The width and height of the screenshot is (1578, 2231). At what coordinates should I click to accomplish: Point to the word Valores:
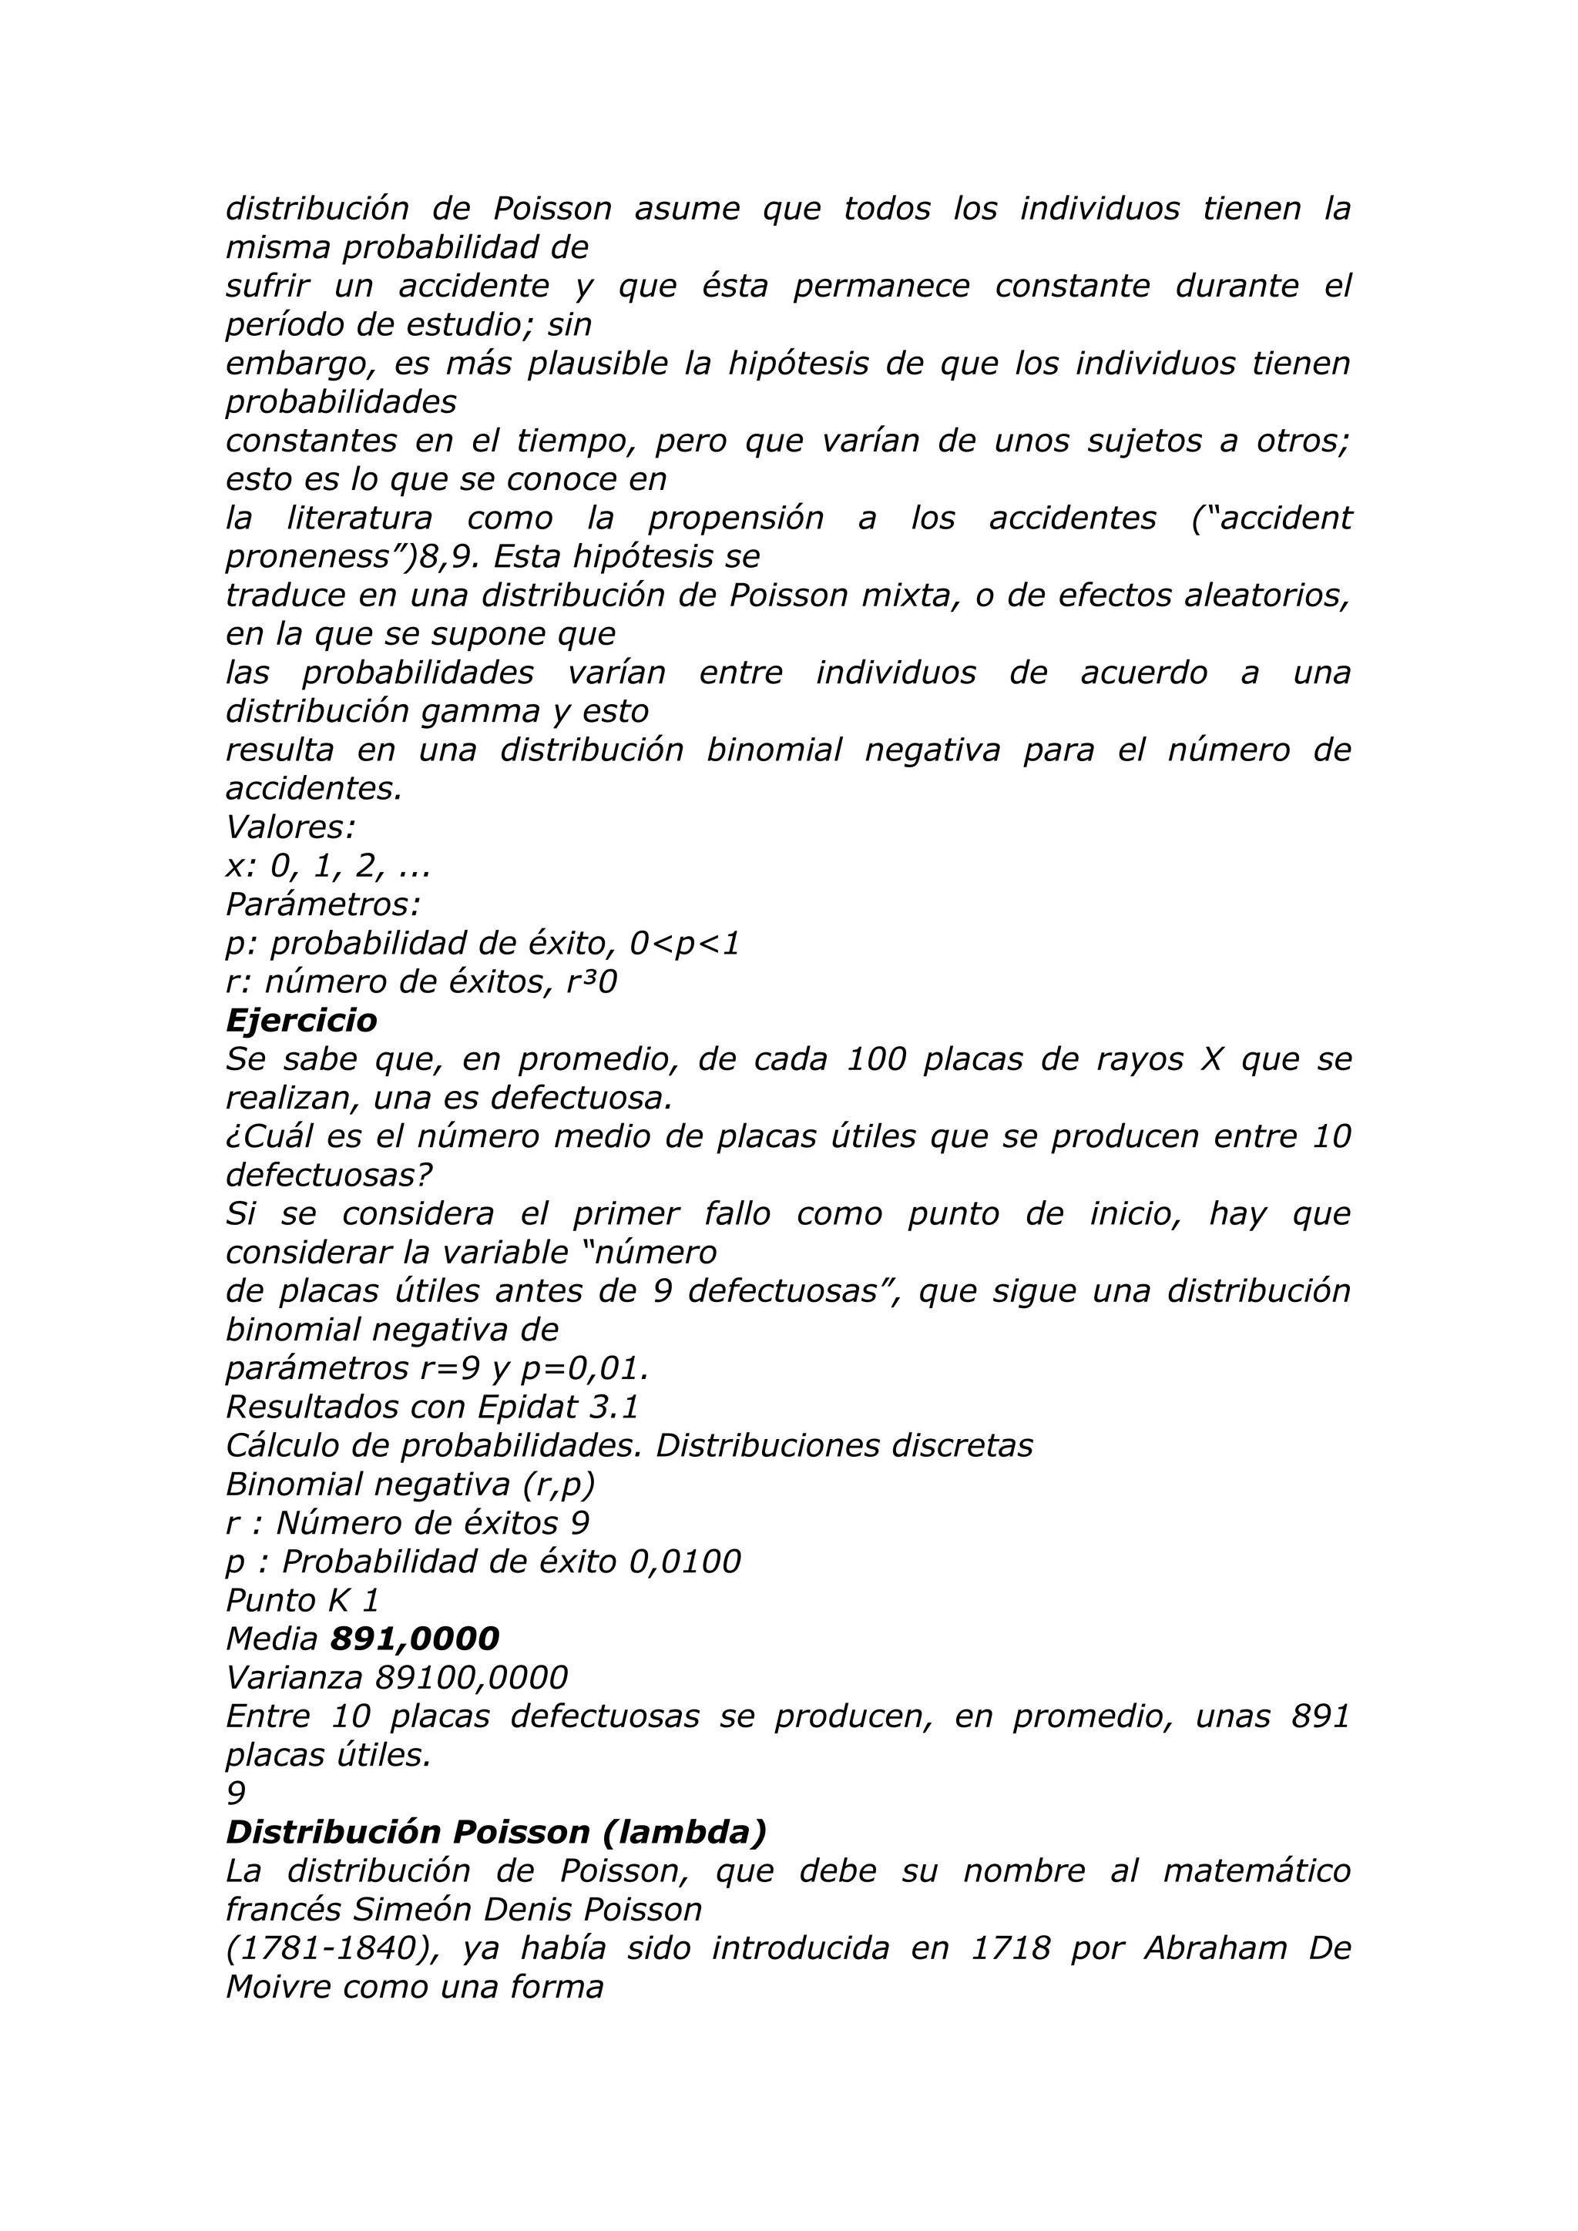pyautogui.click(x=290, y=827)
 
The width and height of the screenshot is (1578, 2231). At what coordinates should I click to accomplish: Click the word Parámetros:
pyautogui.click(x=323, y=904)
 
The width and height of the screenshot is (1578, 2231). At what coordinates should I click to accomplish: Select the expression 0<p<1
pyautogui.click(x=684, y=944)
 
